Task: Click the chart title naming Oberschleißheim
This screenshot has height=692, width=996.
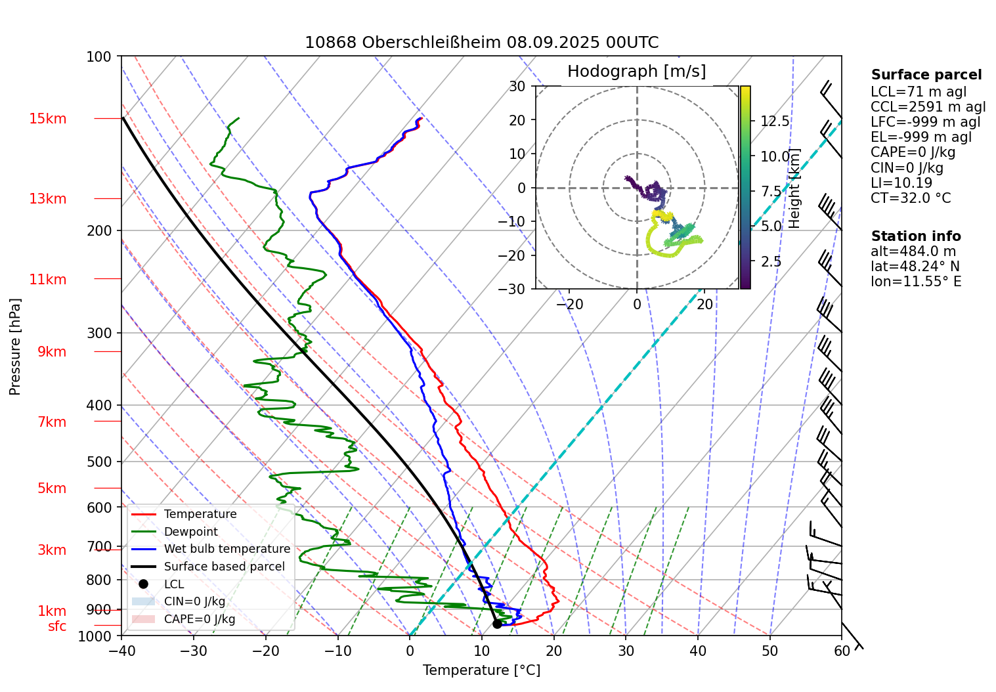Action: pyautogui.click(x=481, y=43)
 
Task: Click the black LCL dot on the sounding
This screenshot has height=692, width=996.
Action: pyautogui.click(x=497, y=624)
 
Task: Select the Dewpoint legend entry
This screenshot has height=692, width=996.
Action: pyautogui.click(x=190, y=532)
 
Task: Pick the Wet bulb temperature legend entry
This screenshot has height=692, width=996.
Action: pyautogui.click(x=227, y=549)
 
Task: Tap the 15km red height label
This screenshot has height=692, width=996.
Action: pyautogui.click(x=48, y=119)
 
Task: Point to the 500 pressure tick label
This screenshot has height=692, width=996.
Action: pyautogui.click(x=99, y=462)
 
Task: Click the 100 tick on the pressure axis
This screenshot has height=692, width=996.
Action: pyautogui.click(x=99, y=56)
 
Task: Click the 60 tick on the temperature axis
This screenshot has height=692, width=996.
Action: pyautogui.click(x=842, y=651)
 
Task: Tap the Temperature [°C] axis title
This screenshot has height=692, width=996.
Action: pyautogui.click(x=481, y=670)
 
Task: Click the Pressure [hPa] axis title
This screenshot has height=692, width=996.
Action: pyautogui.click(x=15, y=347)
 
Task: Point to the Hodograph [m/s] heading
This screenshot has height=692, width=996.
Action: pyautogui.click(x=636, y=72)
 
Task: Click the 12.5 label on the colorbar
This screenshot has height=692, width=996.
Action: pyautogui.click(x=775, y=121)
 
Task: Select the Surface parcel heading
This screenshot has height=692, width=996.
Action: pyautogui.click(x=926, y=75)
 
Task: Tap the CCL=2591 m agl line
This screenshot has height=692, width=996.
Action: pyautogui.click(x=928, y=107)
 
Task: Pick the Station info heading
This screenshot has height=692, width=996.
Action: pyautogui.click(x=916, y=236)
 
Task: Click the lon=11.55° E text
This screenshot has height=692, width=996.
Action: pyautogui.click(x=916, y=282)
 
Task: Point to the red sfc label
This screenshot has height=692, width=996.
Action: pyautogui.click(x=57, y=626)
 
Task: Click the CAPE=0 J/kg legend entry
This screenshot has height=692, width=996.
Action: pyautogui.click(x=199, y=619)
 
